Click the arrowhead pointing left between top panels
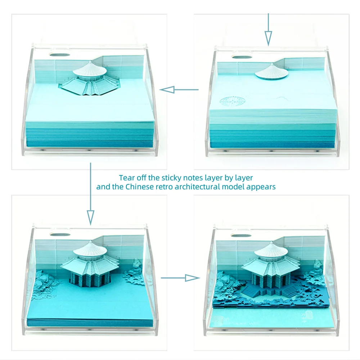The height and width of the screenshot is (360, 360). click(x=167, y=90)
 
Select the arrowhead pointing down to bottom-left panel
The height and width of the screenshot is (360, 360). click(x=90, y=217)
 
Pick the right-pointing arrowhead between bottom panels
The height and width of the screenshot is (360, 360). click(x=192, y=278)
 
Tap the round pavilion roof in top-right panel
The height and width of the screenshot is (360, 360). click(x=271, y=72)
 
